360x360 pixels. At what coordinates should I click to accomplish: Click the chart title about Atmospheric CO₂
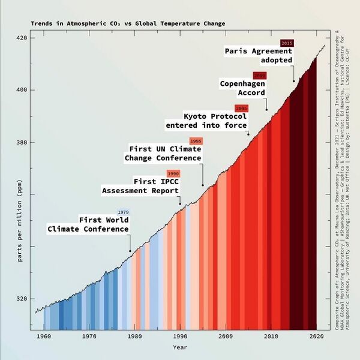point(128,24)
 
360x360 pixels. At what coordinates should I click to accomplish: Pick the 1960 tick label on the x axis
point(43,337)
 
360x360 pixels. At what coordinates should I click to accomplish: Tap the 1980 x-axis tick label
point(134,337)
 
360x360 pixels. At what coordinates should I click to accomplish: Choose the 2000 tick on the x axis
point(226,337)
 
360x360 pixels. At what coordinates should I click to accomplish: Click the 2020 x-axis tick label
point(316,337)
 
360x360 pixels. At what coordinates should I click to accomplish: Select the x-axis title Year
point(180,347)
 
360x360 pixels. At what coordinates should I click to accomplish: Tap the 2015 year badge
point(287,43)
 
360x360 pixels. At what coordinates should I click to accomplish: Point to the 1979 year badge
point(123,212)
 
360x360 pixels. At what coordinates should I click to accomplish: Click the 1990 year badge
point(173,173)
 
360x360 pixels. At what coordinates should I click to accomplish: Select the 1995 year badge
point(196,141)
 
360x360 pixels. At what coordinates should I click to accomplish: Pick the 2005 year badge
point(241,108)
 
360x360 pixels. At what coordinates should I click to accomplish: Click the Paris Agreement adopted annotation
point(259,56)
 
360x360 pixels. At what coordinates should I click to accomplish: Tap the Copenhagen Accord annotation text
point(242,88)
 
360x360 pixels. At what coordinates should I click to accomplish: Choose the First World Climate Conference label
point(89,224)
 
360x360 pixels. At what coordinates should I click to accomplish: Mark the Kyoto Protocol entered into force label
point(206,121)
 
